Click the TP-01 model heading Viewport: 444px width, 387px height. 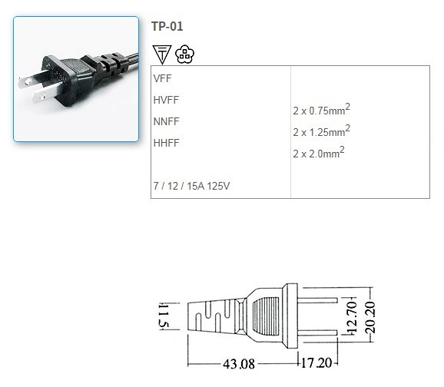click(x=167, y=26)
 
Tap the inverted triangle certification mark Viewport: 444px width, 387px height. click(x=161, y=54)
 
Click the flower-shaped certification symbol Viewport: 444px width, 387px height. click(x=183, y=54)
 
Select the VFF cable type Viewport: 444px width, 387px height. click(x=162, y=78)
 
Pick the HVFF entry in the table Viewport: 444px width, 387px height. click(x=166, y=100)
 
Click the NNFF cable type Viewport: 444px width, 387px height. click(x=166, y=121)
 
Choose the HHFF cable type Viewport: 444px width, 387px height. click(x=166, y=143)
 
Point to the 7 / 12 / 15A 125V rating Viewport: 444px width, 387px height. click(x=192, y=185)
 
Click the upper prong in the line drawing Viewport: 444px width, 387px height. click(x=316, y=296)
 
